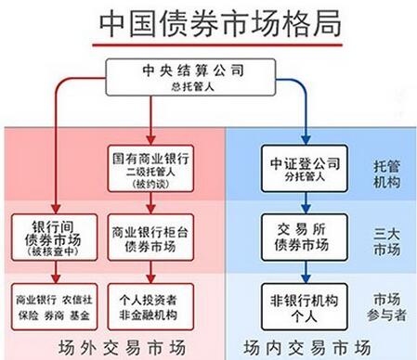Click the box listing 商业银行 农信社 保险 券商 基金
point(53,305)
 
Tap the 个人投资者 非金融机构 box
point(151,305)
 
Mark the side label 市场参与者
point(385,305)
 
